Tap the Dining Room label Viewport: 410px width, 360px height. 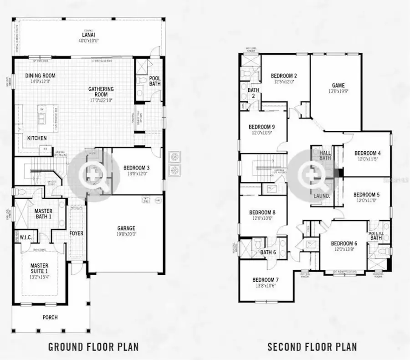pos(40,76)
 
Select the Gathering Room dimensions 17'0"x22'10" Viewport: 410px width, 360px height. pos(101,100)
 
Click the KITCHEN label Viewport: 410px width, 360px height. pos(37,138)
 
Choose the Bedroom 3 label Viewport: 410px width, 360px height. pos(137,167)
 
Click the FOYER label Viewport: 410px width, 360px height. pos(76,234)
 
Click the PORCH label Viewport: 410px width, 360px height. pos(50,317)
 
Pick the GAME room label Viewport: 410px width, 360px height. pos(338,85)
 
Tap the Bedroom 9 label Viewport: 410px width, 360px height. pos(261,127)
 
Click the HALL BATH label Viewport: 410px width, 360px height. pos(325,155)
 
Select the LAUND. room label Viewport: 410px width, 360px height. pos(322,196)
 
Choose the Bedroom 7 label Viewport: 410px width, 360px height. pos(266,279)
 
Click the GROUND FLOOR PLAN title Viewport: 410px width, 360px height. pos(93,346)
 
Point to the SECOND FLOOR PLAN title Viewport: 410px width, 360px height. pos(312,346)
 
